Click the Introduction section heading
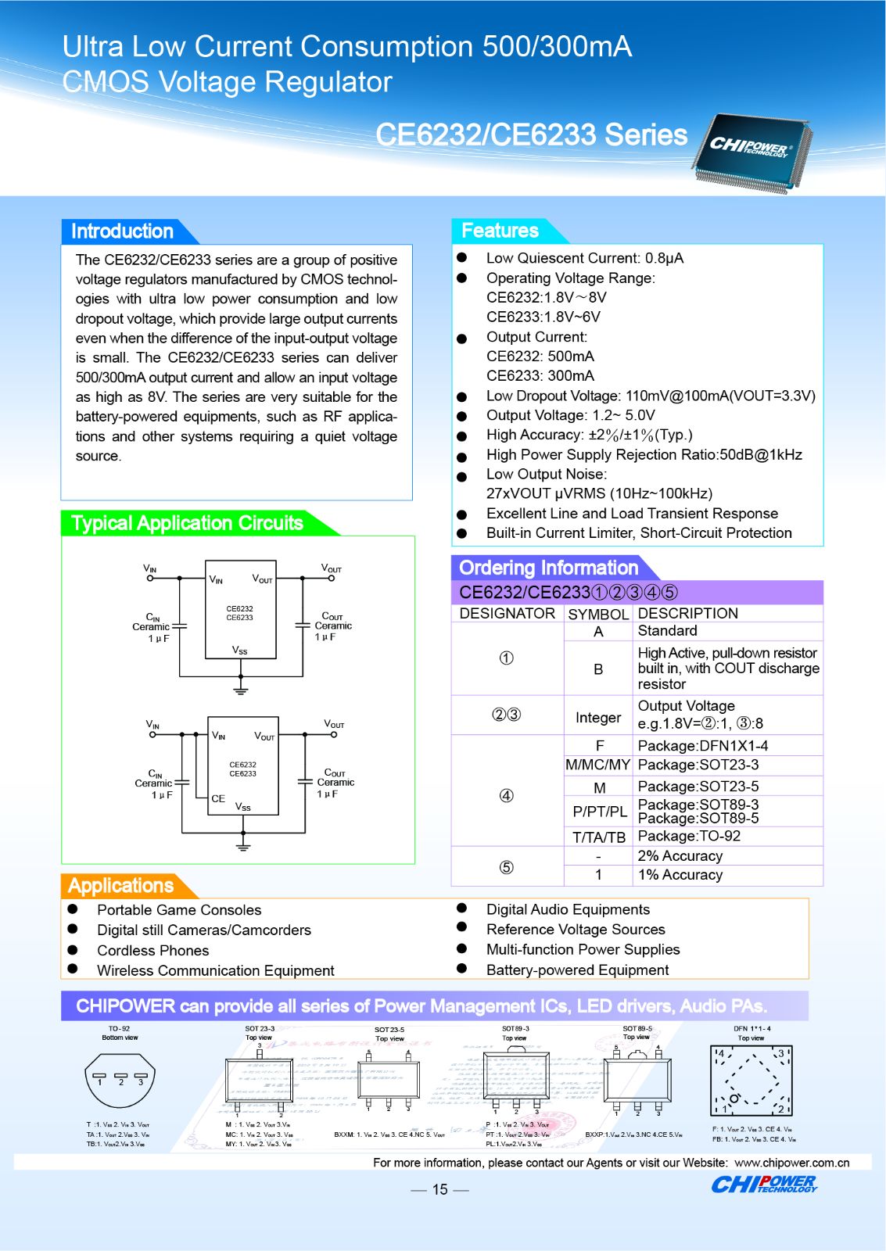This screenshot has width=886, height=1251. [122, 231]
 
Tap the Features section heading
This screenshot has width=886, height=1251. [500, 231]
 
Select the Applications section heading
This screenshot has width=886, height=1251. [120, 886]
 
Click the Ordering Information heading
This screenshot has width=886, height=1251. [548, 568]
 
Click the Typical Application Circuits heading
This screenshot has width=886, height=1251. [187, 523]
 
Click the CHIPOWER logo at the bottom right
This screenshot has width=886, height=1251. [763, 1185]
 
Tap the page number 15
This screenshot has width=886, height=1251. [440, 1189]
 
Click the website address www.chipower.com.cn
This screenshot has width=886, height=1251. [791, 1163]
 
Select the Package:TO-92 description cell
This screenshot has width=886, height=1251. [689, 836]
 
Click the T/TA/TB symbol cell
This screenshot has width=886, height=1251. [599, 837]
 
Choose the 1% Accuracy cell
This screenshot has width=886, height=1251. [680, 875]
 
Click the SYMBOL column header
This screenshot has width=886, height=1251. [598, 615]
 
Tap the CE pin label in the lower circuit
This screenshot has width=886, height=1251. [218, 798]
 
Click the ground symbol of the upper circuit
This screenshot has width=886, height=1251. [241, 690]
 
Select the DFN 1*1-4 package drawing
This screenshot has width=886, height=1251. [751, 1081]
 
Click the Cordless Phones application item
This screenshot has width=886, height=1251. [153, 951]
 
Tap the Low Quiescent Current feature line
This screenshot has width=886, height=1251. [584, 258]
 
